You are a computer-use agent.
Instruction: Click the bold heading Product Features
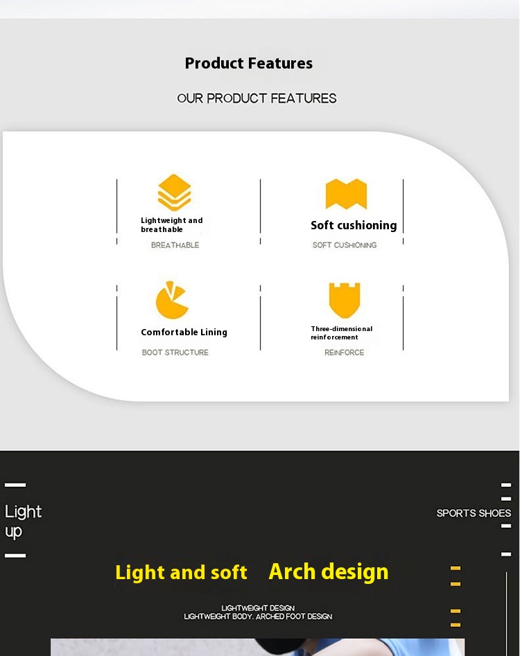(x=249, y=63)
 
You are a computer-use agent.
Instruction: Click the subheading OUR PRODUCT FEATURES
(x=257, y=98)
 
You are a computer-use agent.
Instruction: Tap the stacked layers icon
(x=174, y=192)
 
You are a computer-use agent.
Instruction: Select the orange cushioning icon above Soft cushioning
(x=346, y=194)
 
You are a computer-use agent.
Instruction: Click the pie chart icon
(x=172, y=300)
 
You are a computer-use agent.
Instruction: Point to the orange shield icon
(x=345, y=300)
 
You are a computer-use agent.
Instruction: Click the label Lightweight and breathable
(x=172, y=224)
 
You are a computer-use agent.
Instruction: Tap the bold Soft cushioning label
(x=354, y=225)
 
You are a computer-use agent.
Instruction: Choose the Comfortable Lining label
(x=184, y=333)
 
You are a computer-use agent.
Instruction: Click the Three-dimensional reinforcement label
(x=342, y=333)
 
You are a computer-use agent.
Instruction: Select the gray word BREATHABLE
(x=175, y=245)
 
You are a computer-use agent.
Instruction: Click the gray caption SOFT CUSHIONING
(x=345, y=245)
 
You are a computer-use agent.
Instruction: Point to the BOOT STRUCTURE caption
(x=175, y=353)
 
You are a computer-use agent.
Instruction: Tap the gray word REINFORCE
(x=344, y=353)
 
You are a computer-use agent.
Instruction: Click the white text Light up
(x=23, y=522)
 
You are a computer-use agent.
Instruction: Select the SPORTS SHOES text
(x=474, y=513)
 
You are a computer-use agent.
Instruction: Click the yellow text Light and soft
(x=181, y=572)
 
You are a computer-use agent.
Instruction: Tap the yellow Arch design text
(x=329, y=571)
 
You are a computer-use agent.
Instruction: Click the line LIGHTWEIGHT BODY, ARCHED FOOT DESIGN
(x=258, y=617)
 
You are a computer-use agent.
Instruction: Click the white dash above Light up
(x=15, y=485)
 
